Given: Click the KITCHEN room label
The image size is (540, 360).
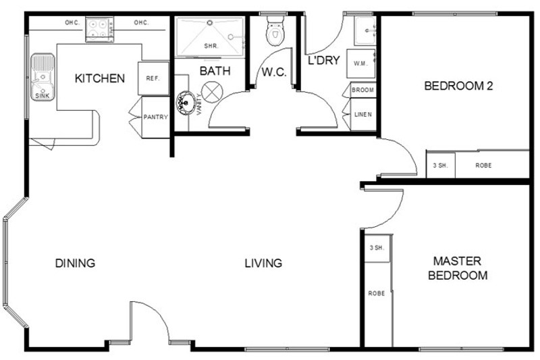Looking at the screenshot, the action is [x=99, y=78].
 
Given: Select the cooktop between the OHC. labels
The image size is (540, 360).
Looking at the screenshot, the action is [x=99, y=30].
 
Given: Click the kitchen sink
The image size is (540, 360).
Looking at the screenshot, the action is [x=43, y=77].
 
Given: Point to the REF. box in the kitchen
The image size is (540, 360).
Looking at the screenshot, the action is [x=154, y=78].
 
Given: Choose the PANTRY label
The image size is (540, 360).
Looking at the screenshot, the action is [x=156, y=117].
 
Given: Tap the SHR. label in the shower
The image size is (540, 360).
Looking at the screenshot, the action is [x=211, y=46].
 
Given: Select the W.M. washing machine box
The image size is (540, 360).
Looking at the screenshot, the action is [x=360, y=63].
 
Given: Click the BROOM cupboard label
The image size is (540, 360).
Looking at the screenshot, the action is [x=362, y=90].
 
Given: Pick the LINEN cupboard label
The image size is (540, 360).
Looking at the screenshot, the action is [x=363, y=114].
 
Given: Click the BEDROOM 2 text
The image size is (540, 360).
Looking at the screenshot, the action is [x=458, y=86].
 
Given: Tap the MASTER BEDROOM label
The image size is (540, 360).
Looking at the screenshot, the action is [x=458, y=268].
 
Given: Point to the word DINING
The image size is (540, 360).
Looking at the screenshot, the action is [x=75, y=263].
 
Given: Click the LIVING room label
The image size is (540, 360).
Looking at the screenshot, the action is [x=263, y=263].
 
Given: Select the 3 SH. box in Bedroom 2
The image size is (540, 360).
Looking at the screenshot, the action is [x=441, y=165].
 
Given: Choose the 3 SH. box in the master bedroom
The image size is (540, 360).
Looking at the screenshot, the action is [x=377, y=248].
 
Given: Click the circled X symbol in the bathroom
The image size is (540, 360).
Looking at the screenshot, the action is [x=212, y=92].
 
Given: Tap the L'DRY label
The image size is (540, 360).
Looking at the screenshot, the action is [x=324, y=60].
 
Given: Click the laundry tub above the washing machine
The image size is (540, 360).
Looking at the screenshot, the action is [x=365, y=30].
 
